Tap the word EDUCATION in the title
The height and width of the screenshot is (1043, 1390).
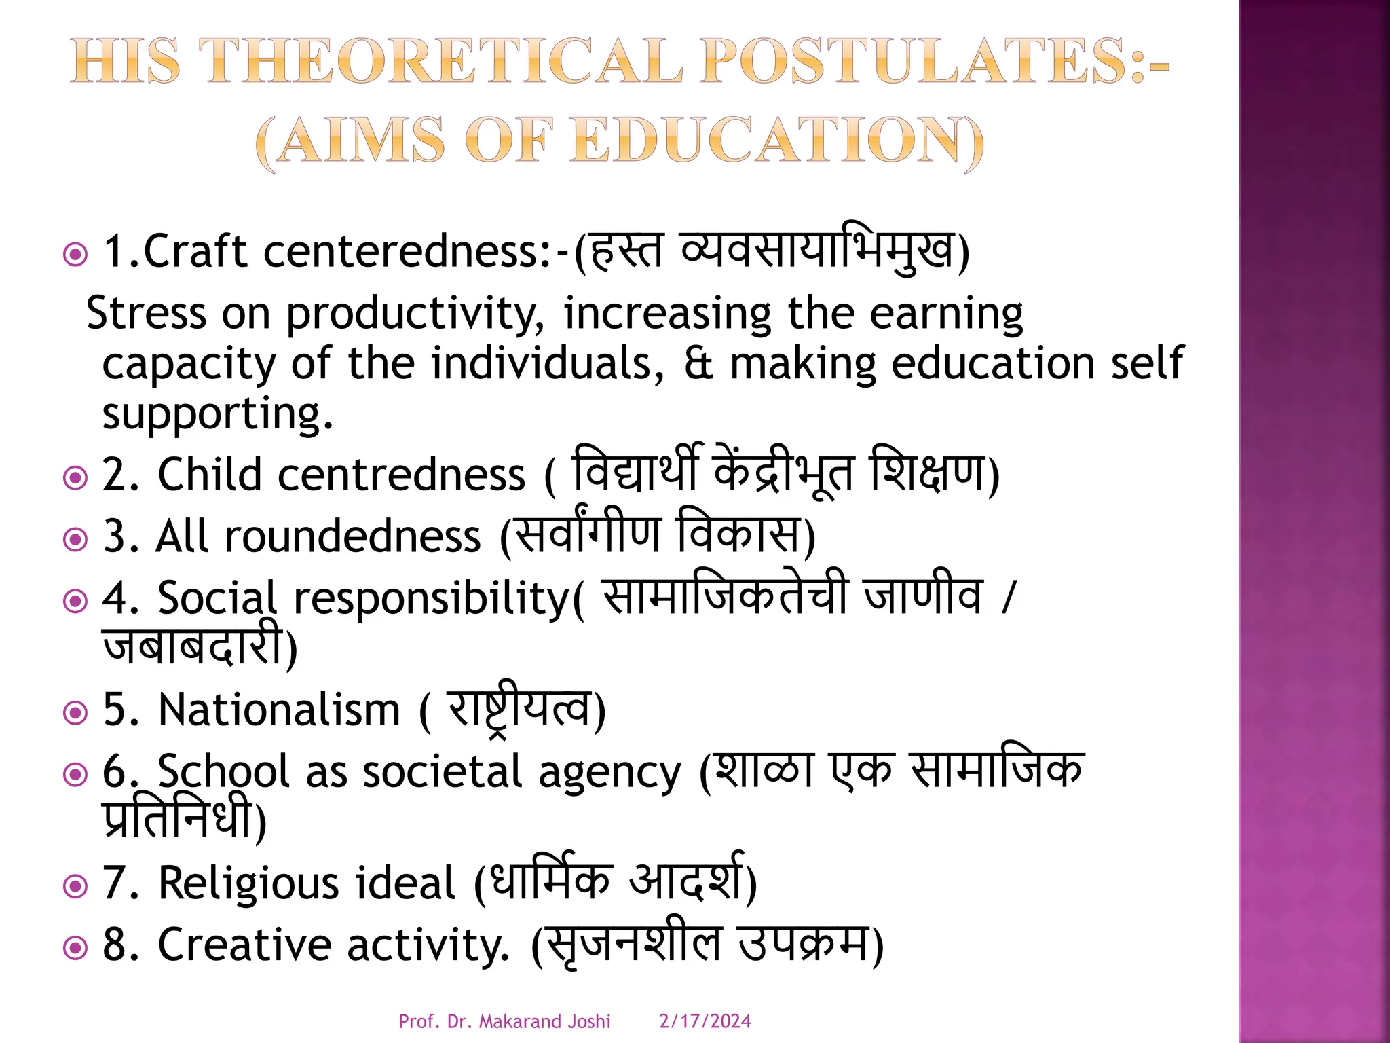(776, 141)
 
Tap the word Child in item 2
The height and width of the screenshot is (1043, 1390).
(210, 474)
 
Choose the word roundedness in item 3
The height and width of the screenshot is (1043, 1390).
(353, 536)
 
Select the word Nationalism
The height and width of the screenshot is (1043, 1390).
(279, 710)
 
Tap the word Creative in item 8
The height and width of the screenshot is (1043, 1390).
(244, 945)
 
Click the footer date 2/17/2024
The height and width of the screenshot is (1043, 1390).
(705, 1021)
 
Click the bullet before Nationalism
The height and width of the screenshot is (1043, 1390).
(75, 713)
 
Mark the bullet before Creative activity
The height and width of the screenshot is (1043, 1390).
(75, 948)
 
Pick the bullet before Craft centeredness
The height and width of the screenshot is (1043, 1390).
(75, 255)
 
